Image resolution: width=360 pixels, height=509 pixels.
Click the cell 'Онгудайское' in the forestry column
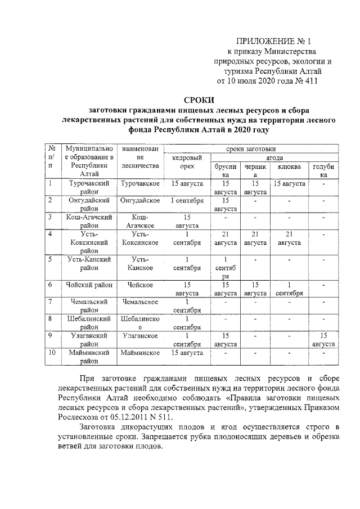coord(140,200)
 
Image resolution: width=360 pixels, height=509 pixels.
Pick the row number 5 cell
coord(51,259)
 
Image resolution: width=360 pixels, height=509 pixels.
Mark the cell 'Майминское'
coord(140,353)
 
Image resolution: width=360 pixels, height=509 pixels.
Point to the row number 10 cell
coord(52,353)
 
